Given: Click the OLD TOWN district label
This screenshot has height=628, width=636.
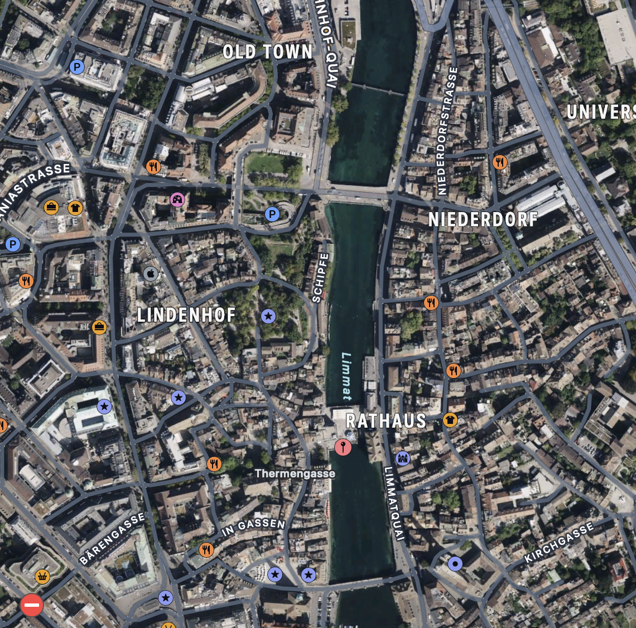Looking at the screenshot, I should coord(268,52).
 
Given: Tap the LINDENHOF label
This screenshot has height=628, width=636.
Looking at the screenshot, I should coord(186,315).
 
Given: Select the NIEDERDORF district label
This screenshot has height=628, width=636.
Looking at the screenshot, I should coord(483,219).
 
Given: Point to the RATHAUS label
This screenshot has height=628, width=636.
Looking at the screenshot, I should coord(386,421).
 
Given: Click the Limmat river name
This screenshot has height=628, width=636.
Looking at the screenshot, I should coord(346,376).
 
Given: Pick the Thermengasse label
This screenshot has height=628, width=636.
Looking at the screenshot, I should coord(295,474).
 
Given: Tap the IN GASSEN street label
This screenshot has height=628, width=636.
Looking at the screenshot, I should coord(253,526).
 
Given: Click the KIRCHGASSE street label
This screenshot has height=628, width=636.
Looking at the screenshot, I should coord(559,543).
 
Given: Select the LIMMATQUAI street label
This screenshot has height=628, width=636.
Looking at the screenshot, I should coord(393,503).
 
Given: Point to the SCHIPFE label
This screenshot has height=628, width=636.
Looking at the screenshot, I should coord(320,278).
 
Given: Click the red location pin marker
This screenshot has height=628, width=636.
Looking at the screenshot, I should coord(343,446).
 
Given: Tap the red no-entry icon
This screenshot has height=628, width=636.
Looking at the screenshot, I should coord(32,605).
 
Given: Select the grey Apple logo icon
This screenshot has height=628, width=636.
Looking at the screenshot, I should coord(151,274).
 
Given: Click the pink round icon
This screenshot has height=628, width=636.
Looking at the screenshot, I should coord(177,199).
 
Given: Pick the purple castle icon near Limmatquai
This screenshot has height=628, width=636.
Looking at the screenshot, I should coord(403,458).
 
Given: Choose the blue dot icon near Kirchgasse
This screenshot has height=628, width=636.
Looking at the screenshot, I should coord(455,564).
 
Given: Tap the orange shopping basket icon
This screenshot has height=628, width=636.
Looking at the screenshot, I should coord(42,576).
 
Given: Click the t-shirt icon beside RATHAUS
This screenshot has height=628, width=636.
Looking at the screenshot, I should coord(450,420).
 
